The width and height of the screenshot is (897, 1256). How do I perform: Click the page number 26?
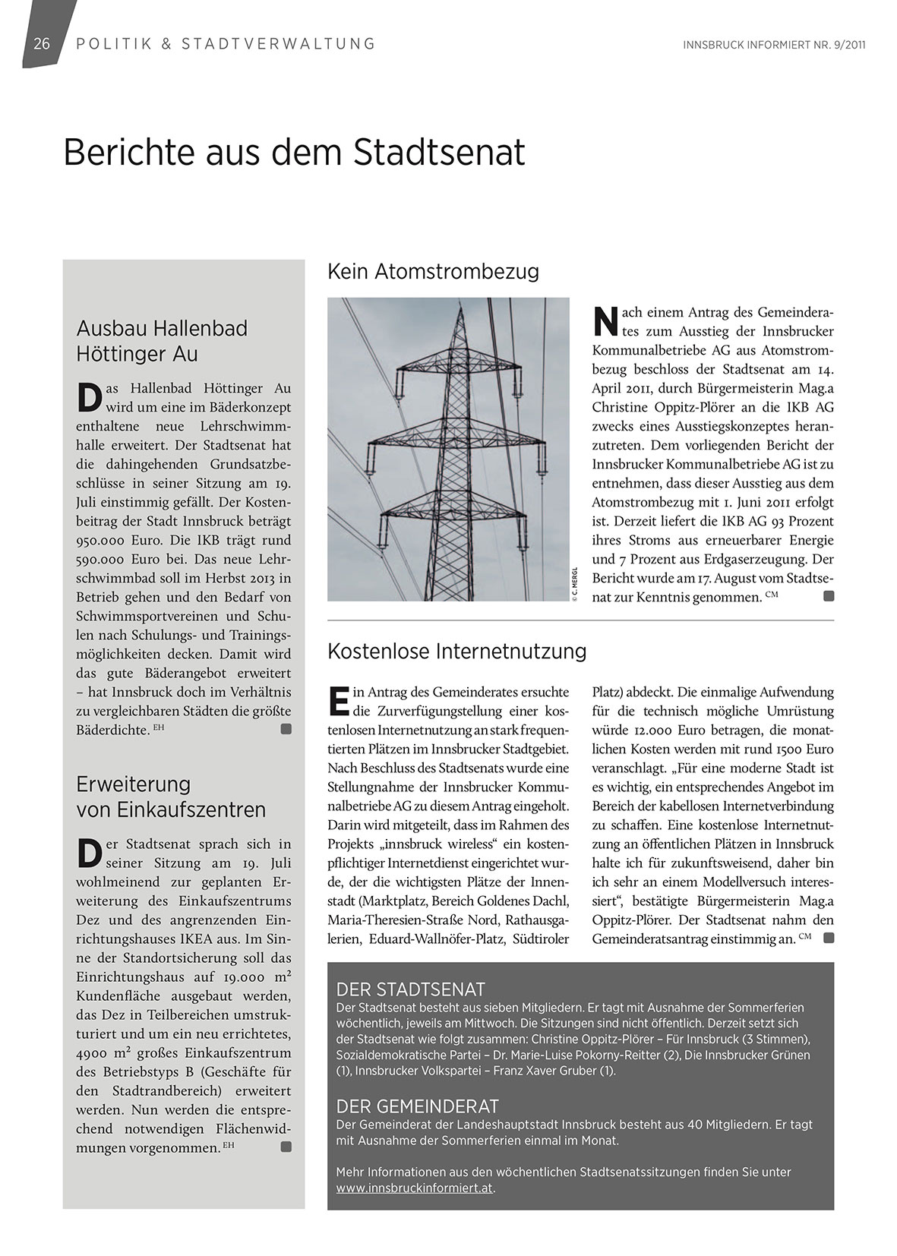[x=42, y=44]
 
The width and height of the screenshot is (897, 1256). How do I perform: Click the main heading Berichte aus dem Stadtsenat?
[x=294, y=153]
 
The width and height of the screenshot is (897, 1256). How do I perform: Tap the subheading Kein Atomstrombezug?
[x=433, y=271]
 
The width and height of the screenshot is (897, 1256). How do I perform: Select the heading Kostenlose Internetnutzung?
[x=456, y=651]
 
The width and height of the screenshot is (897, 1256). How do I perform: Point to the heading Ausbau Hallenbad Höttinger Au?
[x=162, y=341]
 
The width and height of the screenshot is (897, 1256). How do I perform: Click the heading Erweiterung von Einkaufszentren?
[x=171, y=797]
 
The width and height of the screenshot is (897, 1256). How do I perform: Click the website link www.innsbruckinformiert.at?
[x=415, y=1188]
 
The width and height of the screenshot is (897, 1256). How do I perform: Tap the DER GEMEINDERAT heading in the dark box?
[x=417, y=1106]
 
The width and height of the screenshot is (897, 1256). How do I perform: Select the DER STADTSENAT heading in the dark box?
[x=410, y=989]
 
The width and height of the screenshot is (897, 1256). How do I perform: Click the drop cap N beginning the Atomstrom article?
[x=604, y=321]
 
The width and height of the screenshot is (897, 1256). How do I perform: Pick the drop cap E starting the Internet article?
[x=338, y=701]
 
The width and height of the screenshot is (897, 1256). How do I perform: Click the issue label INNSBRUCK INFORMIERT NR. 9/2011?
[x=774, y=45]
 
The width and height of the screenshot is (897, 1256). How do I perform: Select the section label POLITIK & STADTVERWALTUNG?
[x=226, y=44]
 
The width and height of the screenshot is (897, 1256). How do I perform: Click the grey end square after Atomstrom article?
[x=829, y=597]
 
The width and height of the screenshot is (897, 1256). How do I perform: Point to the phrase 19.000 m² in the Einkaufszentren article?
[x=257, y=977]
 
